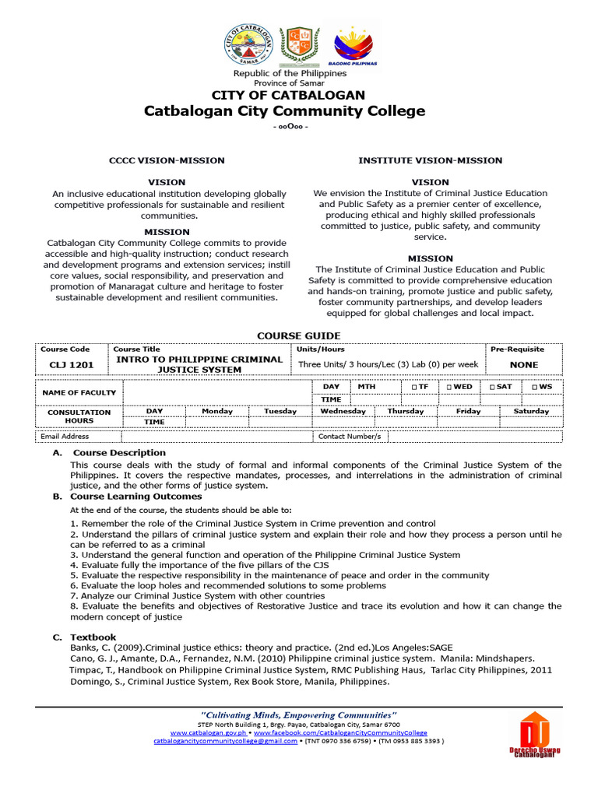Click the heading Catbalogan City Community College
[284, 111]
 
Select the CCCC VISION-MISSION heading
[167, 160]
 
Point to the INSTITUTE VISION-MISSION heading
[430, 160]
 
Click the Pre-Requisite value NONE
[523, 364]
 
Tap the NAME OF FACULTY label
[79, 392]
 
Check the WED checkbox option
[459, 386]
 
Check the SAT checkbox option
[501, 386]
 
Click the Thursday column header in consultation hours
[406, 411]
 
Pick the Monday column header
[217, 411]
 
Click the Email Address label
[65, 437]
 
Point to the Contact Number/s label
[350, 437]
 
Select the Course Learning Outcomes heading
[136, 496]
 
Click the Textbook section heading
[93, 637]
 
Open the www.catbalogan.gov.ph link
[209, 732]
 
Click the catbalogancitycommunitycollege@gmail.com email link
[226, 742]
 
